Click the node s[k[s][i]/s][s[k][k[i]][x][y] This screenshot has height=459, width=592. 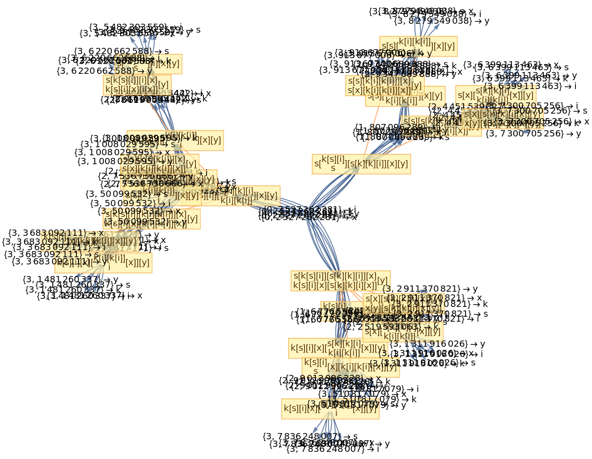pos(361,164)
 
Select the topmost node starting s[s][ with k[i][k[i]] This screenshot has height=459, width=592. pos(418,46)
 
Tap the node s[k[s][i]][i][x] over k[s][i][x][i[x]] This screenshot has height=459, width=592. pos(137,85)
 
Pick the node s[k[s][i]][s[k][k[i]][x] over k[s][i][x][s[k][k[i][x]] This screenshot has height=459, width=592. pos(340,280)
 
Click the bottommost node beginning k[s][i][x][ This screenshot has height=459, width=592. pos(330,408)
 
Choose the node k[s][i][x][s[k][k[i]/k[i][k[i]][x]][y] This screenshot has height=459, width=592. pos(338,348)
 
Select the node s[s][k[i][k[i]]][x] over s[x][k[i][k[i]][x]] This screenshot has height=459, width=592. pos(385,85)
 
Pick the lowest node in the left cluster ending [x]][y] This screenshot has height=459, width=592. pos(103,263)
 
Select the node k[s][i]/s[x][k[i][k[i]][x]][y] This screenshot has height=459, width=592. pos(351,367)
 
